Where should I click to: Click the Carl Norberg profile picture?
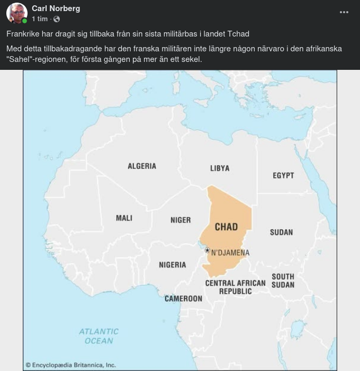tap(17, 13)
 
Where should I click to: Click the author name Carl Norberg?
tap(56, 8)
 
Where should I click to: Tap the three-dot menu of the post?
tap(344, 13)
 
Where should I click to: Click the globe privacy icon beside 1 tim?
tap(57, 19)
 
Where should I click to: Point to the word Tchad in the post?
tap(238, 34)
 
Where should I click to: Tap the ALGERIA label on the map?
tap(142, 166)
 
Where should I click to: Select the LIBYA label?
tap(220, 168)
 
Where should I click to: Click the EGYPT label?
tap(283, 175)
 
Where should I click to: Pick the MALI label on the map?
tap(124, 218)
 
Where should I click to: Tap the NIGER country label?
tap(181, 220)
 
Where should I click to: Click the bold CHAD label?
tap(226, 227)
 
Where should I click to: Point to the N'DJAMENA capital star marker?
tap(207, 250)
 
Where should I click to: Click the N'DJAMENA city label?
tap(230, 253)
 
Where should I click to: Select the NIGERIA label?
tap(173, 265)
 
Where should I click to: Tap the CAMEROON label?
tap(183, 298)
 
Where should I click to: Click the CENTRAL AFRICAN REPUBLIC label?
tap(236, 287)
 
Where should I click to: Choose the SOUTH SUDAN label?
tap(283, 280)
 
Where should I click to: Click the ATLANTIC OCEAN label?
tap(99, 336)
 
